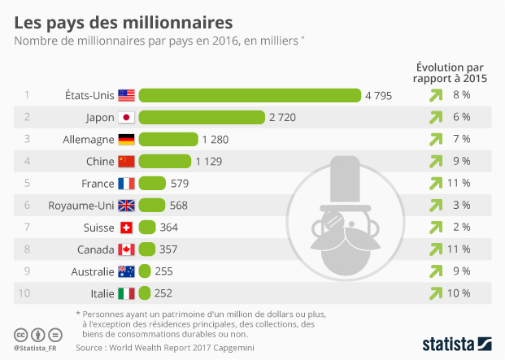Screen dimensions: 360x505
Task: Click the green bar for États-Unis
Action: (x=250, y=95)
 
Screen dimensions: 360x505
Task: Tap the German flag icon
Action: (x=127, y=139)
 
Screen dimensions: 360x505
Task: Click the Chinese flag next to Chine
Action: (x=127, y=161)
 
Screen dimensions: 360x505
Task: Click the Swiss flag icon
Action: (x=127, y=227)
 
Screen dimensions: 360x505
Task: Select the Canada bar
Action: (x=147, y=249)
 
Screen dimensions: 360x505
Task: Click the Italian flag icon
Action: (x=127, y=293)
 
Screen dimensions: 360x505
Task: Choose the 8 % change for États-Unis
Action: (x=461, y=95)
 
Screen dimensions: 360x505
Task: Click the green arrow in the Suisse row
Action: (x=436, y=227)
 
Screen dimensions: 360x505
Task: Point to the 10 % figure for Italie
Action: (x=459, y=293)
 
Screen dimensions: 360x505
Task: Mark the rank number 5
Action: (x=27, y=183)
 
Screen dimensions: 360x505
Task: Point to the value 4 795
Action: (x=378, y=95)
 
